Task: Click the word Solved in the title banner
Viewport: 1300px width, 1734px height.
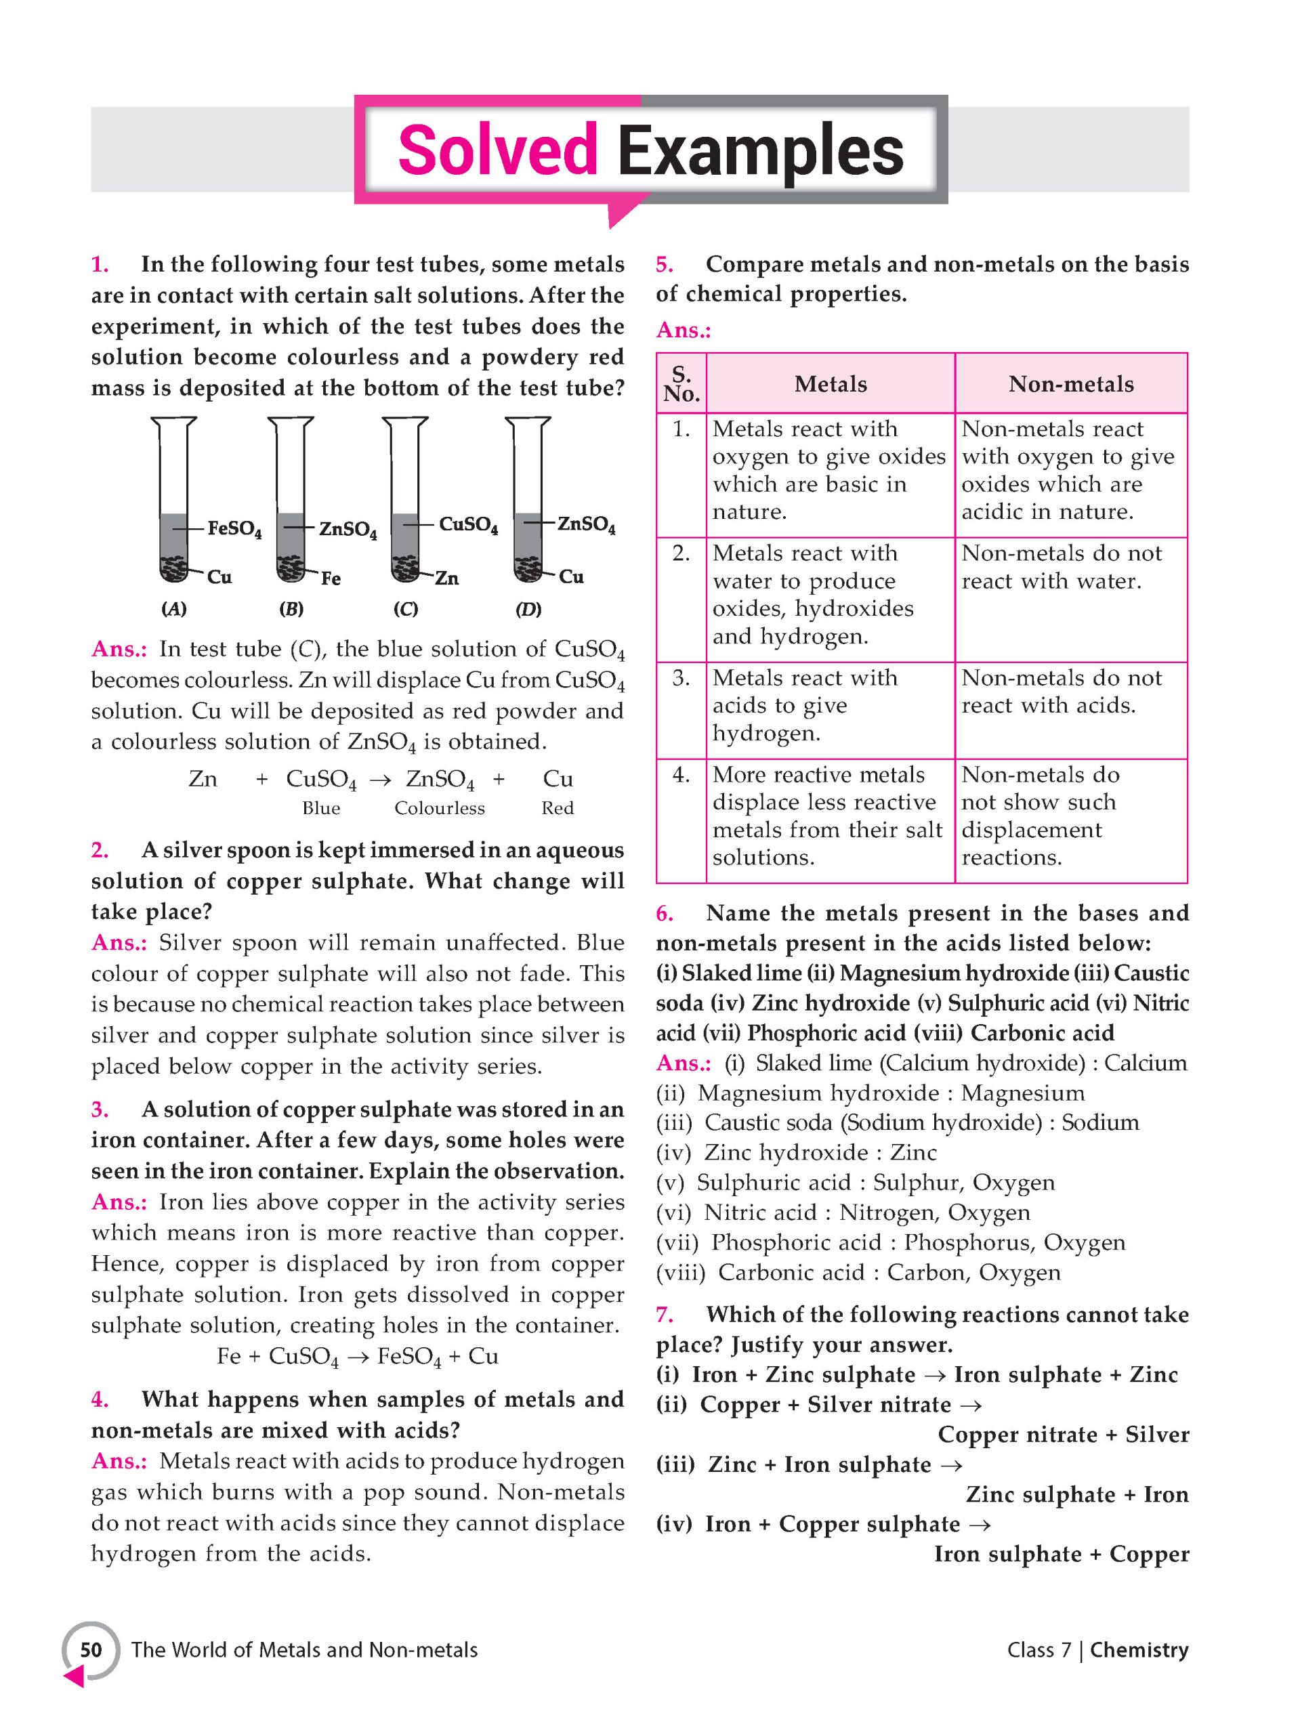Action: click(x=497, y=150)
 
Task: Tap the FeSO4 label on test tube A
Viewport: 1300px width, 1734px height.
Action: click(x=234, y=529)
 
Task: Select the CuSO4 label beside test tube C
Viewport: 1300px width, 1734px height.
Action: click(x=468, y=524)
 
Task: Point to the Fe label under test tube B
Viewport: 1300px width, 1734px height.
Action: click(x=331, y=578)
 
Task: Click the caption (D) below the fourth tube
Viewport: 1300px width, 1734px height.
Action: click(x=528, y=609)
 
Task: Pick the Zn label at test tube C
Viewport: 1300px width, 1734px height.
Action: click(x=446, y=578)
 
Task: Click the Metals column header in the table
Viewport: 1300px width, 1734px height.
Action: click(x=830, y=383)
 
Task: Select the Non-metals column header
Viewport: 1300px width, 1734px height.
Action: click(x=1070, y=383)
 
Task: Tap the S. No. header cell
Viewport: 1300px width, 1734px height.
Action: click(x=681, y=383)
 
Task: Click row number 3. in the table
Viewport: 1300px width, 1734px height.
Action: click(x=681, y=677)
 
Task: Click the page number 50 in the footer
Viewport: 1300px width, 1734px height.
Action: click(x=91, y=1649)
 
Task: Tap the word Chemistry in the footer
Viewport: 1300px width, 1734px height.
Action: click(x=1139, y=1649)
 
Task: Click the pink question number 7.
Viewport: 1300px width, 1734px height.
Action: click(x=664, y=1315)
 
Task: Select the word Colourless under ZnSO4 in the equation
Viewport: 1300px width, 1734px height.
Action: click(x=439, y=808)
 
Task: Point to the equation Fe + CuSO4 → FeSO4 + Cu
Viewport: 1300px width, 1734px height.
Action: click(x=358, y=1356)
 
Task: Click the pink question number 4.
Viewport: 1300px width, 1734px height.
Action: click(x=100, y=1399)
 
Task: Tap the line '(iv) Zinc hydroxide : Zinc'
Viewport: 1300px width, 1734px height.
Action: click(x=796, y=1152)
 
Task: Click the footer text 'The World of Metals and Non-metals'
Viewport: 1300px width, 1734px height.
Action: click(x=304, y=1649)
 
